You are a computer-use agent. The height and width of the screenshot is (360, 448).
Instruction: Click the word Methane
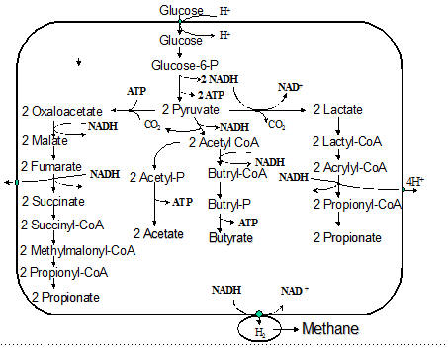(330, 329)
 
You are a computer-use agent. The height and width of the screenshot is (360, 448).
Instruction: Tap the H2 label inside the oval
(260, 332)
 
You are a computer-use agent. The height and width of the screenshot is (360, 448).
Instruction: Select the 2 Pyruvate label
(191, 110)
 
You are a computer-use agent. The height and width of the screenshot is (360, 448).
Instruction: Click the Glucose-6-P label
(185, 65)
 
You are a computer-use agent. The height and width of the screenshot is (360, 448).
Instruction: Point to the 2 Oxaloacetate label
(62, 111)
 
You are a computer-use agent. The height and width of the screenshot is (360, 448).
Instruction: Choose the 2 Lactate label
(338, 109)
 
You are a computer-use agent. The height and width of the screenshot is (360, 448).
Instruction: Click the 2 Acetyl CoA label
(224, 143)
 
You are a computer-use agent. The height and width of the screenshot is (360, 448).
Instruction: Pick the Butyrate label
(230, 237)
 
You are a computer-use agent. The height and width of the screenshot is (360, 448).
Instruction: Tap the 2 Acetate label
(158, 233)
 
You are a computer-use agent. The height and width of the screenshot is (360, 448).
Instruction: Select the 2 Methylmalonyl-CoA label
(77, 250)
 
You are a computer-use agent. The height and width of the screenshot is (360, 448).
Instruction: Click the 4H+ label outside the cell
(415, 181)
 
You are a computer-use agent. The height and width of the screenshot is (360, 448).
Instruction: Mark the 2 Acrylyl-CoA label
(350, 167)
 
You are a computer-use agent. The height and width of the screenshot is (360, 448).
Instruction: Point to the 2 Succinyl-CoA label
(62, 225)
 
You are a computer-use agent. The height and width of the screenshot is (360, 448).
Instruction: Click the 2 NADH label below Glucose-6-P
(220, 79)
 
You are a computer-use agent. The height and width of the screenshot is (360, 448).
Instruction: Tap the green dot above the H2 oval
(259, 314)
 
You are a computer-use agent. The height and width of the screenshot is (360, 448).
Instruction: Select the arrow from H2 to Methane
(286, 329)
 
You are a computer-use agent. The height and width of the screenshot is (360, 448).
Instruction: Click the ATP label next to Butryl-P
(248, 223)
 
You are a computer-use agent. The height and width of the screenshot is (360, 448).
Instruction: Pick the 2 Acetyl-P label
(157, 177)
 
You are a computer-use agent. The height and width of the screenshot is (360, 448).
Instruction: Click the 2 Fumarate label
(51, 166)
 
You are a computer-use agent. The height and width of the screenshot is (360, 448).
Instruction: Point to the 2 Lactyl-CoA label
(347, 141)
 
